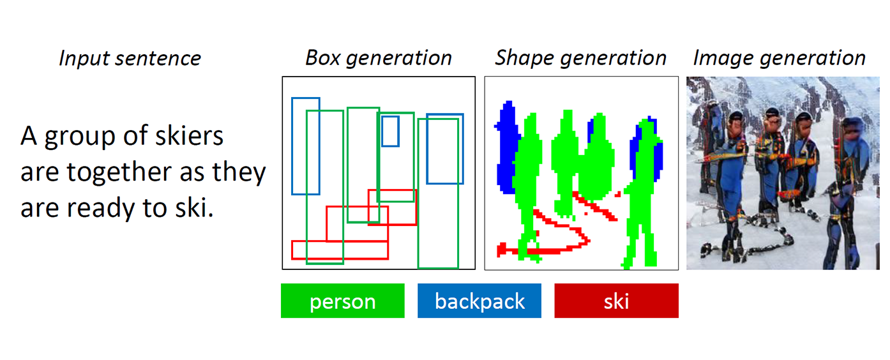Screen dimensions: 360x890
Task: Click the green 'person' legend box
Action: coord(342,301)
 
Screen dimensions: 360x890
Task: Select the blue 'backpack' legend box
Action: coord(479,301)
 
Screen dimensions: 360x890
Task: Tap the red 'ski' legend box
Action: coord(616,301)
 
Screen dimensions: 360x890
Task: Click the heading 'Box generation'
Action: coord(378,58)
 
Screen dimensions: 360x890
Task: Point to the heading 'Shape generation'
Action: coord(580,58)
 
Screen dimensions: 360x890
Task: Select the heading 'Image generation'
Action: coord(779,58)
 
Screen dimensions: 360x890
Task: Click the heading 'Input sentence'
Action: coord(130,59)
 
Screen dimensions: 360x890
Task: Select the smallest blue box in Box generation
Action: coord(390,131)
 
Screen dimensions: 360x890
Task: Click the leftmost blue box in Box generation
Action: coord(305,146)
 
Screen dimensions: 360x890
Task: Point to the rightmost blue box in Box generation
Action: coord(444,149)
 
